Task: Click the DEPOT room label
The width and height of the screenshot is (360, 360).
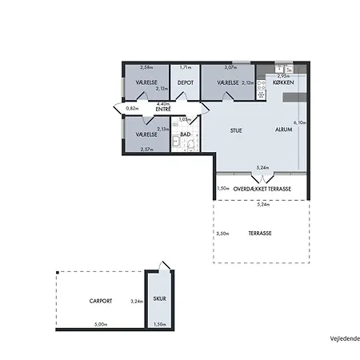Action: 186,82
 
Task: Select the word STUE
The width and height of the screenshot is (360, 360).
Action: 236,130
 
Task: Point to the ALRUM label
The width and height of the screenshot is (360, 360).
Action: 283,130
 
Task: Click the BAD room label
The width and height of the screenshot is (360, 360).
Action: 185,134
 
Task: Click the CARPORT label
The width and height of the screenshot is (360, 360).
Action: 100,301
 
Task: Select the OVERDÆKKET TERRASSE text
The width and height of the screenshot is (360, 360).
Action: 262,189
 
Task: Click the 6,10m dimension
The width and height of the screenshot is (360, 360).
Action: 301,122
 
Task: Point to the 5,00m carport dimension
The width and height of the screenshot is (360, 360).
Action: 100,324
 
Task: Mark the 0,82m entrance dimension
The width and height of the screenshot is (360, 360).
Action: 132,107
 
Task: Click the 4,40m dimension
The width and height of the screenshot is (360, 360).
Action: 162,104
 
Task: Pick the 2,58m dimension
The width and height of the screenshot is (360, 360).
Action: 146,68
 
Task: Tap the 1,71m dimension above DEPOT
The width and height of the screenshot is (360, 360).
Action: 186,68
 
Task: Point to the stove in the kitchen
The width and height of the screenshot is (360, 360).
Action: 262,94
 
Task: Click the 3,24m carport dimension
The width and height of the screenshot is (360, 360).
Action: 136,301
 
